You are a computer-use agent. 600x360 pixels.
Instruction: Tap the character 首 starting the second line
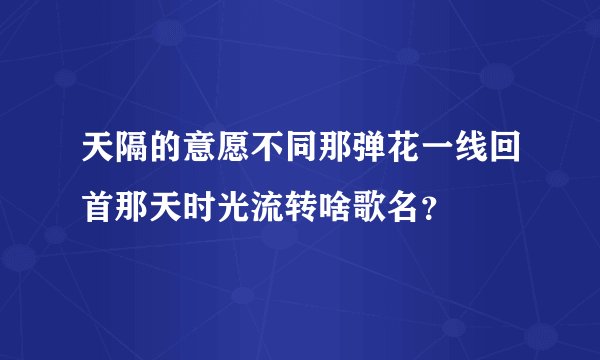pos(95,207)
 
